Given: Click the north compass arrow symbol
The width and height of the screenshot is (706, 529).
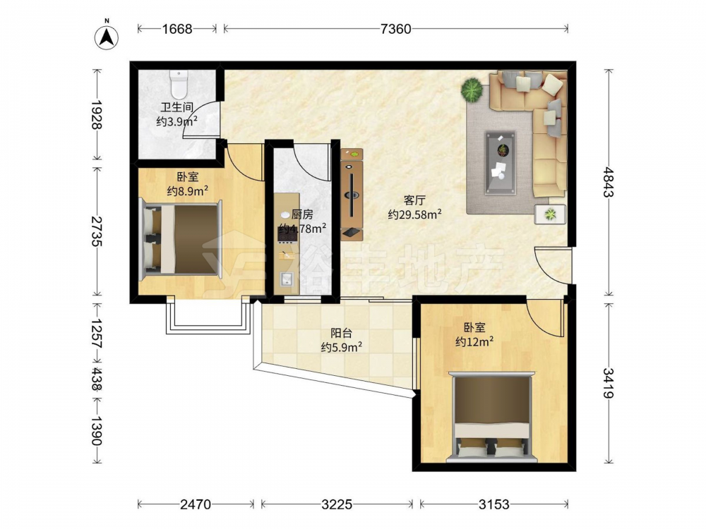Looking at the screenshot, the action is (107, 36).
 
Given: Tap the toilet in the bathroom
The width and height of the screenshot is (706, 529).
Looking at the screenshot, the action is (179, 85).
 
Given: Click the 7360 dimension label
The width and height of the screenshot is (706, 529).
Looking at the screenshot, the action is (395, 29).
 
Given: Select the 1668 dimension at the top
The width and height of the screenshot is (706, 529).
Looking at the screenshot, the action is (177, 29).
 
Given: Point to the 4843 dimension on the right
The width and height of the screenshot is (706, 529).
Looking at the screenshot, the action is (609, 182).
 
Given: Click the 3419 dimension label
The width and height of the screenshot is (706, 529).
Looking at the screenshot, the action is (609, 383).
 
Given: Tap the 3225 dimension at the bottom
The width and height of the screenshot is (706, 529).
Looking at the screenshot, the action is (336, 504).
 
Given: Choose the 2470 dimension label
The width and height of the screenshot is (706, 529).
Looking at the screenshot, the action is (196, 504).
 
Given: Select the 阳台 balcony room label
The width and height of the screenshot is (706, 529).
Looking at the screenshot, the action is (341, 334).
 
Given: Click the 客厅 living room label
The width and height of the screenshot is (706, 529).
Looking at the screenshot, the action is (414, 200).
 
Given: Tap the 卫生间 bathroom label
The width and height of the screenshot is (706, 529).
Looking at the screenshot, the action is (177, 107).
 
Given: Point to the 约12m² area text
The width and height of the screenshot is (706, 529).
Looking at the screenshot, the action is (474, 342).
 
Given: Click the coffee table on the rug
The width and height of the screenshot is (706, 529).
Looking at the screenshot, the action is (501, 163).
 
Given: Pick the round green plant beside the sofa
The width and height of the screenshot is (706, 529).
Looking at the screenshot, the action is (472, 90).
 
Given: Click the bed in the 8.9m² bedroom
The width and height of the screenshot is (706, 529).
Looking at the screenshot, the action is (181, 239).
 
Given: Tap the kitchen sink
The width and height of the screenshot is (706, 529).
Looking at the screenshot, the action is (287, 279).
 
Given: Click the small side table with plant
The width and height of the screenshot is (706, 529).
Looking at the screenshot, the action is (550, 214).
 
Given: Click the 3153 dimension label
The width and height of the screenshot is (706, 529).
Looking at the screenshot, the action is (493, 504).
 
